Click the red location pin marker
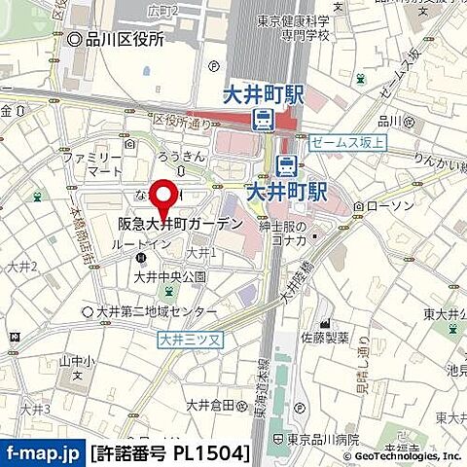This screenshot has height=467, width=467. coord(164,195)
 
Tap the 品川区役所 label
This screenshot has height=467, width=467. coord(123,40)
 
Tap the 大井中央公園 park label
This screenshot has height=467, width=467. coord(170,276)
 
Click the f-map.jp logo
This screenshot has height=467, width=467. coord(43,452)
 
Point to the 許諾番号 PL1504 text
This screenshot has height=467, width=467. coord(170,452)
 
